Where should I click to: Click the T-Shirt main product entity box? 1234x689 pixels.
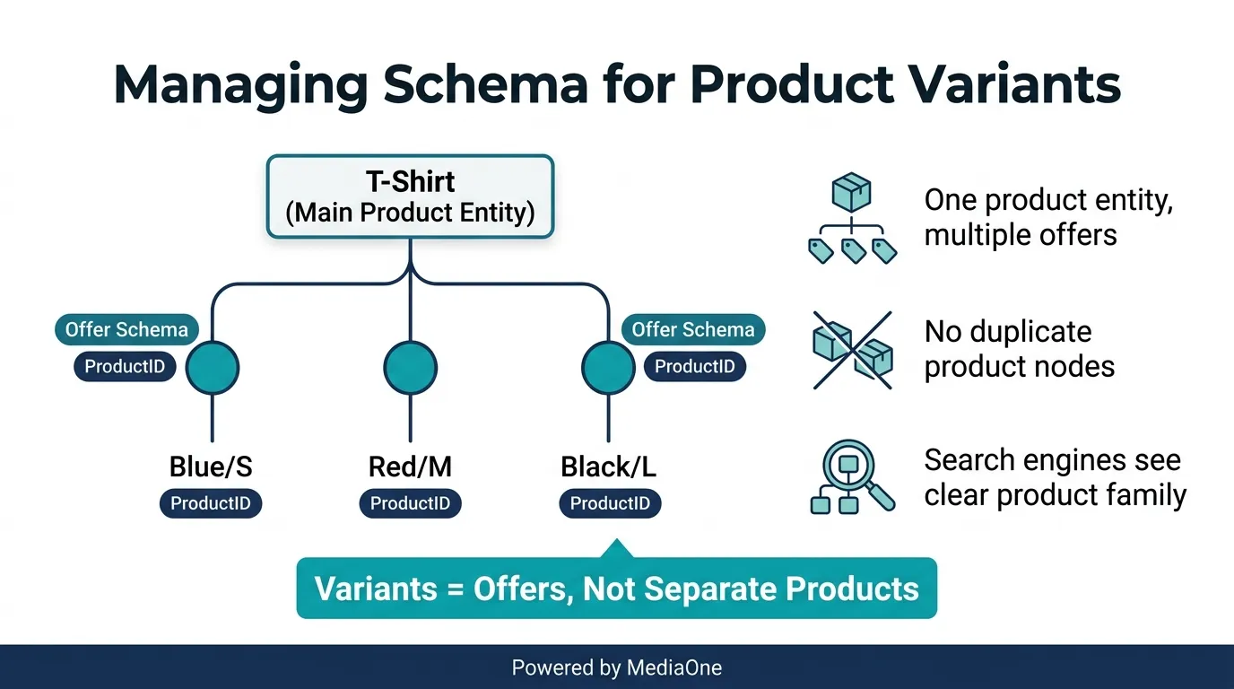(x=410, y=196)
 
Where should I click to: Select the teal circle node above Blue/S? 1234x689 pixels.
(x=213, y=368)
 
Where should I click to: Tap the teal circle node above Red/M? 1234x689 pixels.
(x=410, y=368)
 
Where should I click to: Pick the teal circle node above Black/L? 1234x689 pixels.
(x=608, y=368)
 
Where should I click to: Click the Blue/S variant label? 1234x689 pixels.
(x=212, y=467)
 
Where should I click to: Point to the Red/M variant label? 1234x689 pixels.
(x=410, y=467)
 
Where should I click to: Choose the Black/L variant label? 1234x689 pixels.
(x=609, y=467)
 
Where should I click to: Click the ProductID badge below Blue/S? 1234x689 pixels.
(x=211, y=503)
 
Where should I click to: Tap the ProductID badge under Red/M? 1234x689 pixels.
(x=410, y=503)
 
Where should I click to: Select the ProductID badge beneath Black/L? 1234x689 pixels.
(x=610, y=503)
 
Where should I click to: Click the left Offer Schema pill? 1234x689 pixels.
(x=126, y=329)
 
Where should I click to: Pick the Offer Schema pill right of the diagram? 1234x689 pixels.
(x=693, y=329)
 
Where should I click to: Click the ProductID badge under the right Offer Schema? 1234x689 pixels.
(x=694, y=366)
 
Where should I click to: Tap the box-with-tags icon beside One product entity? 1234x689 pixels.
(x=851, y=220)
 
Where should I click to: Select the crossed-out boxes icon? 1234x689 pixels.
(x=852, y=350)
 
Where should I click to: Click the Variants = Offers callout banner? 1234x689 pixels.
(x=616, y=589)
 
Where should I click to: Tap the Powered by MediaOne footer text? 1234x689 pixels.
(x=616, y=667)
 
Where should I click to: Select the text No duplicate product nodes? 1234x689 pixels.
(x=1019, y=348)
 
